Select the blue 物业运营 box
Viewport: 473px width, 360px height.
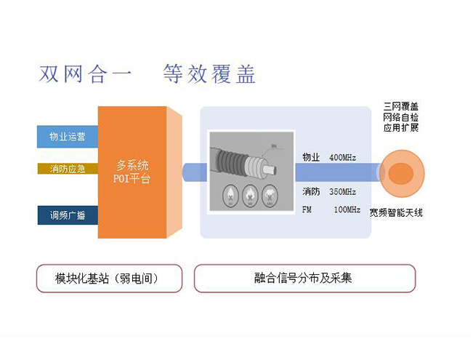point(67,136)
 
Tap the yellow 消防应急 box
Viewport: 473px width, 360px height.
point(67,169)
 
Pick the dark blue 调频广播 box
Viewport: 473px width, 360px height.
point(67,215)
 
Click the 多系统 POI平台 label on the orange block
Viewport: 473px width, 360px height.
point(132,172)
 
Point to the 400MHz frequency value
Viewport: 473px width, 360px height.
point(343,157)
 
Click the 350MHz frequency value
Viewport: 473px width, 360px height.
point(343,192)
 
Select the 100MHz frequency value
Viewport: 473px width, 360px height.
point(347,209)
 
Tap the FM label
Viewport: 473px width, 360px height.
point(307,209)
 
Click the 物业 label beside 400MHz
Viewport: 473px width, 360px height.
point(310,157)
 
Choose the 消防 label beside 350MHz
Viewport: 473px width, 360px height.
point(310,192)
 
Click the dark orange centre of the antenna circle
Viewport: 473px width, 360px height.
point(399,173)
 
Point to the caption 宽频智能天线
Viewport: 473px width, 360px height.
point(396,212)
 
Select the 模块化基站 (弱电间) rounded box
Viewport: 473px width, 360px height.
point(108,278)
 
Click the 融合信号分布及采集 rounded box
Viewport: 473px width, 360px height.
point(304,278)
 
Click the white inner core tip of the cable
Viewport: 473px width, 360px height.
point(271,169)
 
